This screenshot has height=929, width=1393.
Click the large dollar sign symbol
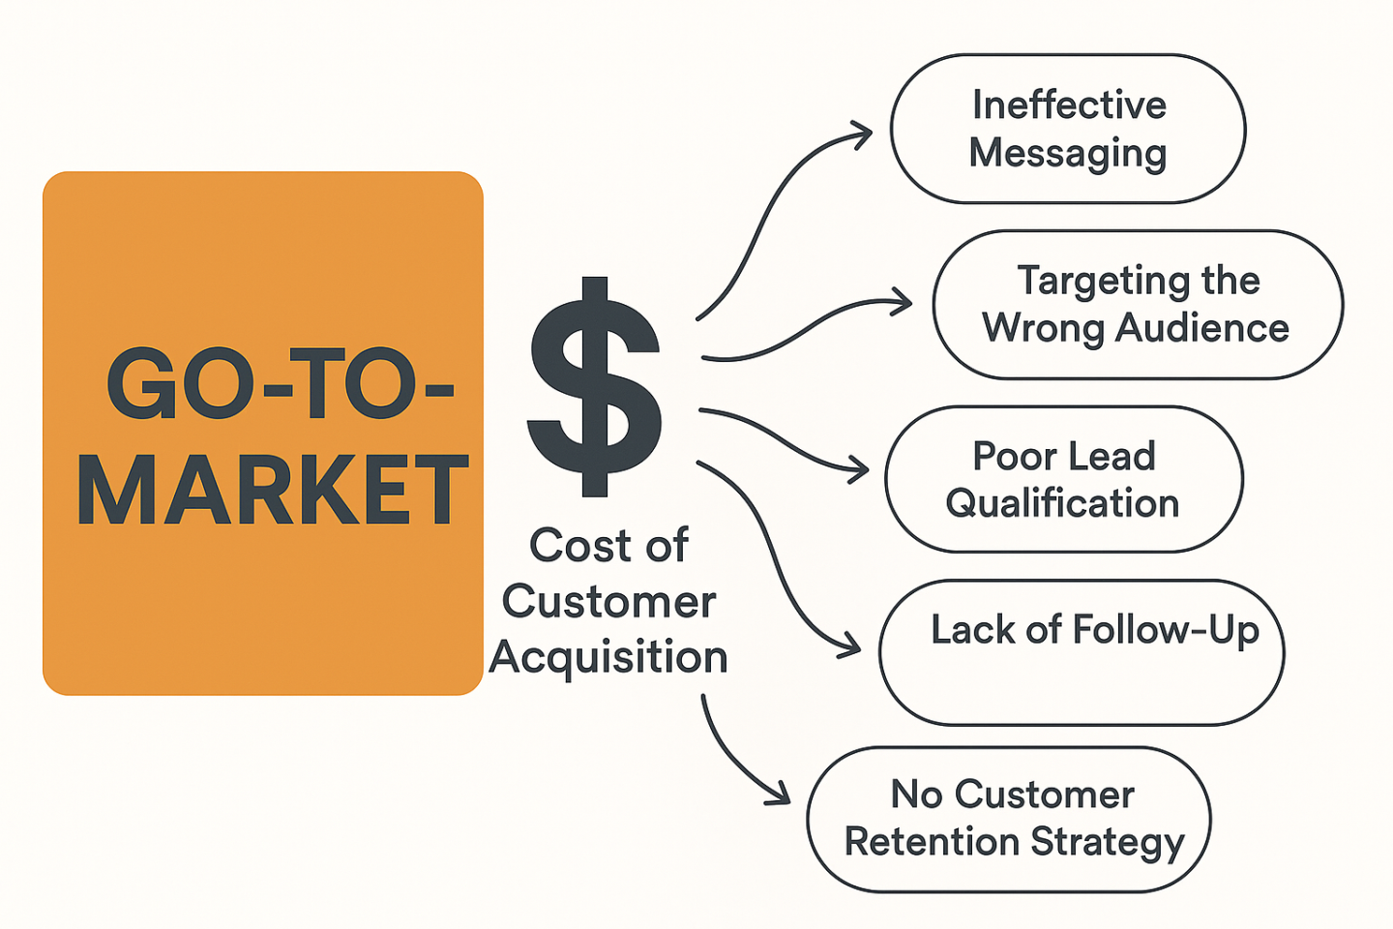pyautogui.click(x=594, y=386)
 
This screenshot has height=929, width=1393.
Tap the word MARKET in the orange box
pyautogui.click(x=273, y=490)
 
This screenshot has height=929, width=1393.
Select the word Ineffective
pyautogui.click(x=1069, y=105)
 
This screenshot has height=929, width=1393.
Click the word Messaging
pyautogui.click(x=1068, y=154)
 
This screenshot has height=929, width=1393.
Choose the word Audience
pyautogui.click(x=1201, y=328)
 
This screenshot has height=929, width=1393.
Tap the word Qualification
pyautogui.click(x=1062, y=504)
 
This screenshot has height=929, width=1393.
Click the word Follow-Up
pyautogui.click(x=1166, y=631)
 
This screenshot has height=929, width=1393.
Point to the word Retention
pyautogui.click(x=932, y=842)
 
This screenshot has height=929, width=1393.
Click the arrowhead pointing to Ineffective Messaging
pyautogui.click(x=861, y=135)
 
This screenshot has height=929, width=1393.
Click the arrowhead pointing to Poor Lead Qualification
pyautogui.click(x=858, y=469)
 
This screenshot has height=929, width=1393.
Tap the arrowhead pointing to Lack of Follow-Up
pyautogui.click(x=849, y=645)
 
